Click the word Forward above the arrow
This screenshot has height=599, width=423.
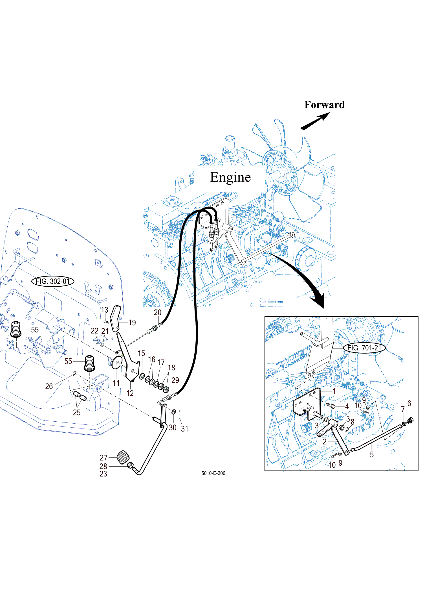pos(324,105)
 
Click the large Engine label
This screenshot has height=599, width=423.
pos(230,177)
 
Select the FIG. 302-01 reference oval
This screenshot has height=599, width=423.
pos(53,281)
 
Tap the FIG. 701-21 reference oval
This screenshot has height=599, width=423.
pos(364,348)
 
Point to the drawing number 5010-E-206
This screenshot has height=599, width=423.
pos(213,473)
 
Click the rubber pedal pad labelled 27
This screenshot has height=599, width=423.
pos(123,457)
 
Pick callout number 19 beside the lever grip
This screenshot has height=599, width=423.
pos(132,323)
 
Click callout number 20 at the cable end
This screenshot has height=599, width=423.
pos(157,312)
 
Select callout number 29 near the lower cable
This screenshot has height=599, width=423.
pos(175,380)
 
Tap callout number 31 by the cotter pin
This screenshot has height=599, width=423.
pos(184,429)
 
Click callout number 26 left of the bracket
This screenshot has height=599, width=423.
pos(49,386)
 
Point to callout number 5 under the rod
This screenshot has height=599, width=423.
pos(372,454)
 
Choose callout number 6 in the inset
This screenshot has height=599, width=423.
pos(409,403)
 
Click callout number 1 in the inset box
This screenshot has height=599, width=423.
pos(334,391)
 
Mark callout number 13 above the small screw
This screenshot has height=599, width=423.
pos(105,310)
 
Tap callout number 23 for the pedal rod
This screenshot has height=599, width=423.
pos(103,474)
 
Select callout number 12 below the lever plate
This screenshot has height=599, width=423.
pos(130,393)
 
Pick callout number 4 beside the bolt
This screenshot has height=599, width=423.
pos(347,406)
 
